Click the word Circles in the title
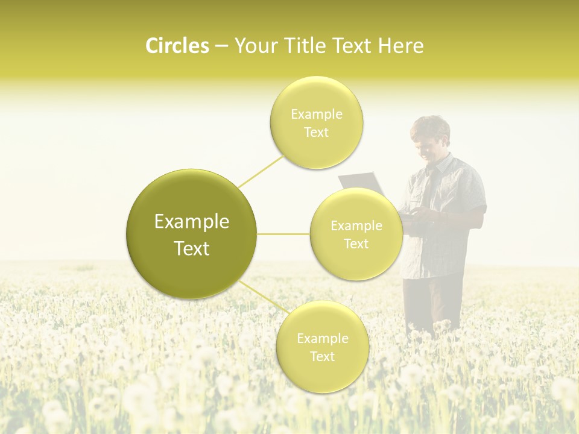click(x=177, y=46)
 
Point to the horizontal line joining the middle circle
click(x=283, y=234)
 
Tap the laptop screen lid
click(x=361, y=182)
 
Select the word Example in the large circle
click(x=191, y=222)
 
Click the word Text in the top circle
click(x=316, y=132)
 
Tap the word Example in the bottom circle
click(x=322, y=339)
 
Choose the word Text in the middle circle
click(x=356, y=244)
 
